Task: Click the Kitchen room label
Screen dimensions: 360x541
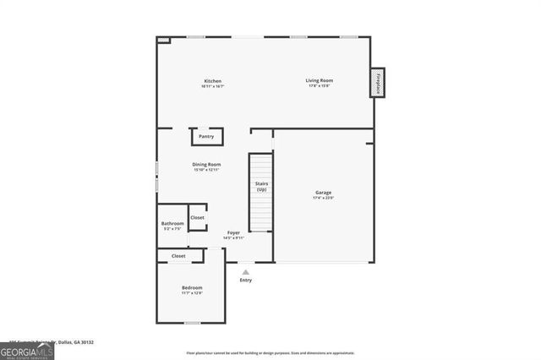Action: click(212, 81)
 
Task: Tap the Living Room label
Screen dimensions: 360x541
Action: click(319, 80)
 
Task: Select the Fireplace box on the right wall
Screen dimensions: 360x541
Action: click(378, 83)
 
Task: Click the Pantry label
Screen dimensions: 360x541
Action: click(206, 136)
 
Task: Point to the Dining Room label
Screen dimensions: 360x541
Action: click(206, 164)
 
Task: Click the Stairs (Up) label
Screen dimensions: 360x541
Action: click(262, 187)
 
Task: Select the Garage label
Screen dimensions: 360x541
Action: click(324, 192)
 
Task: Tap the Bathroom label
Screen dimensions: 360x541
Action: click(172, 224)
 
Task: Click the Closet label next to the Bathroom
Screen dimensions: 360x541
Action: click(197, 217)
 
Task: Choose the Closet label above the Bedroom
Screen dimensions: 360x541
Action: click(178, 255)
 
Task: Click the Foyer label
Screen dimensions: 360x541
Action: click(232, 232)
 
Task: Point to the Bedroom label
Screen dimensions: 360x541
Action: click(192, 288)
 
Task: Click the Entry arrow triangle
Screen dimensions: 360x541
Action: click(246, 272)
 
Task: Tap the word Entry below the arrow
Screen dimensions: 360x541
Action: click(246, 281)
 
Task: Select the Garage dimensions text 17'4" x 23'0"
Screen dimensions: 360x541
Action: click(324, 198)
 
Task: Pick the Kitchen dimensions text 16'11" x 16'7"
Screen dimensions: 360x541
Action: click(212, 86)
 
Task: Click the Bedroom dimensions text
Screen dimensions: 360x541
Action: click(192, 294)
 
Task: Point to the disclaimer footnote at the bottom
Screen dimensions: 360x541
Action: click(270, 352)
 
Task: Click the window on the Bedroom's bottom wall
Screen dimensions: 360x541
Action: click(193, 323)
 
